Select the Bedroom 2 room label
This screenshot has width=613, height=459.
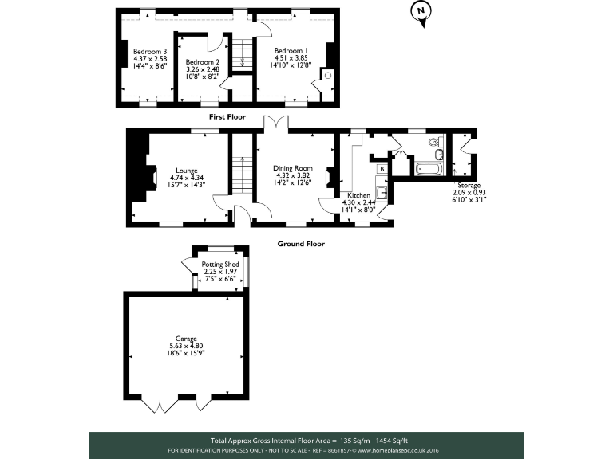(x=202, y=62)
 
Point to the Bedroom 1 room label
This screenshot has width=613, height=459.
(x=290, y=49)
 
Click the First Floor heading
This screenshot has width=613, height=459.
(x=227, y=116)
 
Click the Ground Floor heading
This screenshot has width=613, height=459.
(x=301, y=244)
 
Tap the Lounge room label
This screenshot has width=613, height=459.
(x=187, y=170)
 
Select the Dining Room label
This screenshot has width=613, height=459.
(x=291, y=168)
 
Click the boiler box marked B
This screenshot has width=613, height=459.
(x=382, y=169)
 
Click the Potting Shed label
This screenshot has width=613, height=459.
(x=219, y=264)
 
